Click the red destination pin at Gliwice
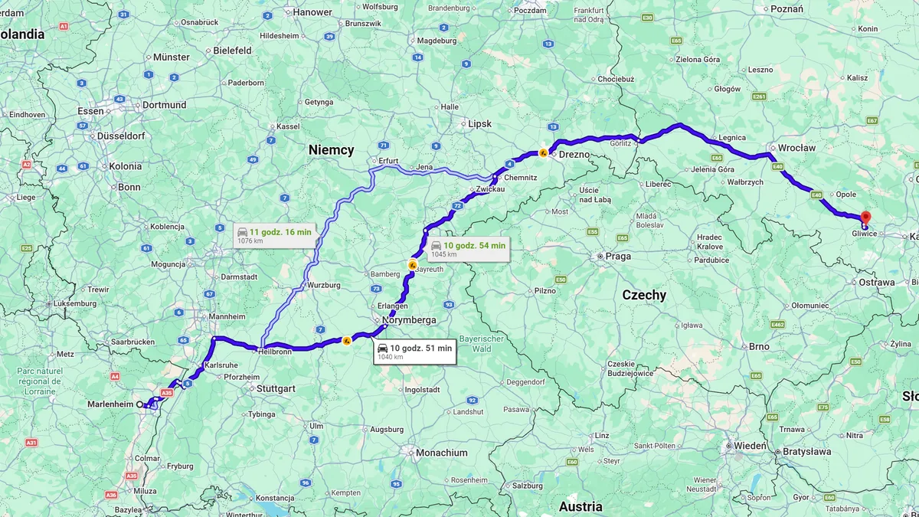(865, 218)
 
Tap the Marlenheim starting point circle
(139, 404)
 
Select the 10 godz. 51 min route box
(414, 352)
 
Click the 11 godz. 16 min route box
(274, 235)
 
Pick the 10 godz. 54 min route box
(467, 249)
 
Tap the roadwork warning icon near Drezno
(543, 152)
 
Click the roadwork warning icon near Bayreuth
(412, 265)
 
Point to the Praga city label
(617, 256)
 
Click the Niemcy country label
(331, 150)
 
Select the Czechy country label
(643, 295)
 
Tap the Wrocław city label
(796, 148)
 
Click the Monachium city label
(441, 453)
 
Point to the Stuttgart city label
(276, 388)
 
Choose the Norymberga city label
(408, 320)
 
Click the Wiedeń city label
(751, 445)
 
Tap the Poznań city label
(787, 9)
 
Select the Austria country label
(580, 506)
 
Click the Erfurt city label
(389, 161)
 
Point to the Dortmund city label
(164, 105)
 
